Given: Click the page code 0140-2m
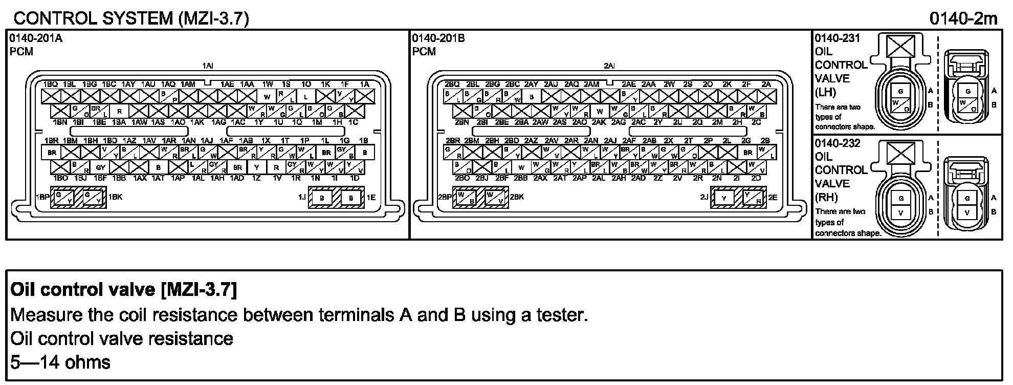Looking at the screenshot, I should click(963, 18).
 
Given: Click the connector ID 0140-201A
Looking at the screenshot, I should click(36, 38).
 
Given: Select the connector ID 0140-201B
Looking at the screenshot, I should click(438, 38).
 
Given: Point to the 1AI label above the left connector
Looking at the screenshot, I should click(208, 66).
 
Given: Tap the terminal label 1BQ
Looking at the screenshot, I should click(50, 84).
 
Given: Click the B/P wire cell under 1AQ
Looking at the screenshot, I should click(169, 96).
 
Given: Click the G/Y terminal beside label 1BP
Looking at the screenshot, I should click(63, 197).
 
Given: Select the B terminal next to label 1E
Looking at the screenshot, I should click(350, 197).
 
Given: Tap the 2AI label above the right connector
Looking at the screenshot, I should click(609, 66).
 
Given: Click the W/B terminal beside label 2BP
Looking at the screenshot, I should click(465, 197).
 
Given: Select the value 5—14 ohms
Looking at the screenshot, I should click(60, 362).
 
